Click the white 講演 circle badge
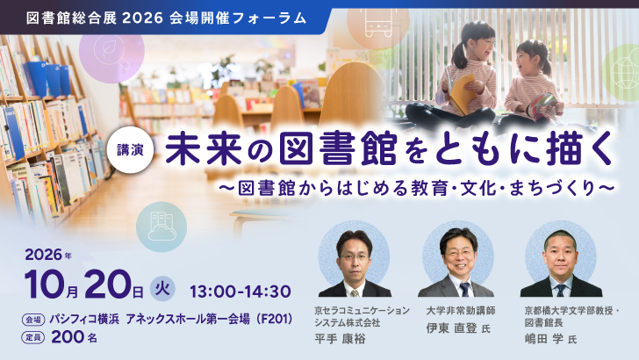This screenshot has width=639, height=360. pyautogui.click(x=131, y=150)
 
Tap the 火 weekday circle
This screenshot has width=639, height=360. pyautogui.click(x=162, y=289)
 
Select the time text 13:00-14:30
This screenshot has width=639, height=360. pyautogui.click(x=241, y=292)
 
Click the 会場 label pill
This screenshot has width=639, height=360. pyautogui.click(x=33, y=320)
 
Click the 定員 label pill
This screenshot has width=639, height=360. pyautogui.click(x=33, y=337)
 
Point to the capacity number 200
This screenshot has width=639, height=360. pyautogui.click(x=68, y=337)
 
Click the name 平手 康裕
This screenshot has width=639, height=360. pyautogui.click(x=340, y=339)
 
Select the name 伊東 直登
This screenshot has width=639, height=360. pyautogui.click(x=451, y=328)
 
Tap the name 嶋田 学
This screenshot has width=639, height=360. pyautogui.click(x=544, y=339)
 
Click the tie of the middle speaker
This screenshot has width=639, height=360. pyautogui.click(x=464, y=289)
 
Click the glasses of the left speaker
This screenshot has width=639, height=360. pyautogui.click(x=354, y=257)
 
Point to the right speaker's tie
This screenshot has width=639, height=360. pyautogui.click(x=561, y=290)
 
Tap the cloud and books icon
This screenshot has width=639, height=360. pyautogui.click(x=162, y=227)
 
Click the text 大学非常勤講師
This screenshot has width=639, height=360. pyautogui.click(x=461, y=311)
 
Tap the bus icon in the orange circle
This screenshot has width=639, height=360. pyautogui.click(x=378, y=22)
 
